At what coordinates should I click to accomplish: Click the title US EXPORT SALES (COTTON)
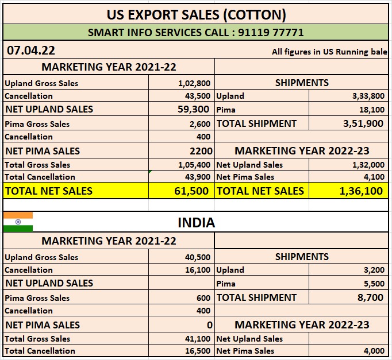coord(196,14)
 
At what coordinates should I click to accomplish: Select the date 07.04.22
coord(31,51)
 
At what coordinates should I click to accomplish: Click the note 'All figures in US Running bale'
coord(329,52)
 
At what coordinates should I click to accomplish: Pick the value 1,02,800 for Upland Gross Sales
coord(194,83)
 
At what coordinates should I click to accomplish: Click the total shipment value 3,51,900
coord(363,123)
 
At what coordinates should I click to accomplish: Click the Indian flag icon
coord(18,221)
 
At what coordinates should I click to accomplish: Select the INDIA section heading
coord(196,222)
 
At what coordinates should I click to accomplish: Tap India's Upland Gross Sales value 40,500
coord(198,257)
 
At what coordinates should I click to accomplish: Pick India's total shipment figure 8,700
coord(371,297)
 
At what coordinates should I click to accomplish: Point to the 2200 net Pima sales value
coord(201,151)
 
